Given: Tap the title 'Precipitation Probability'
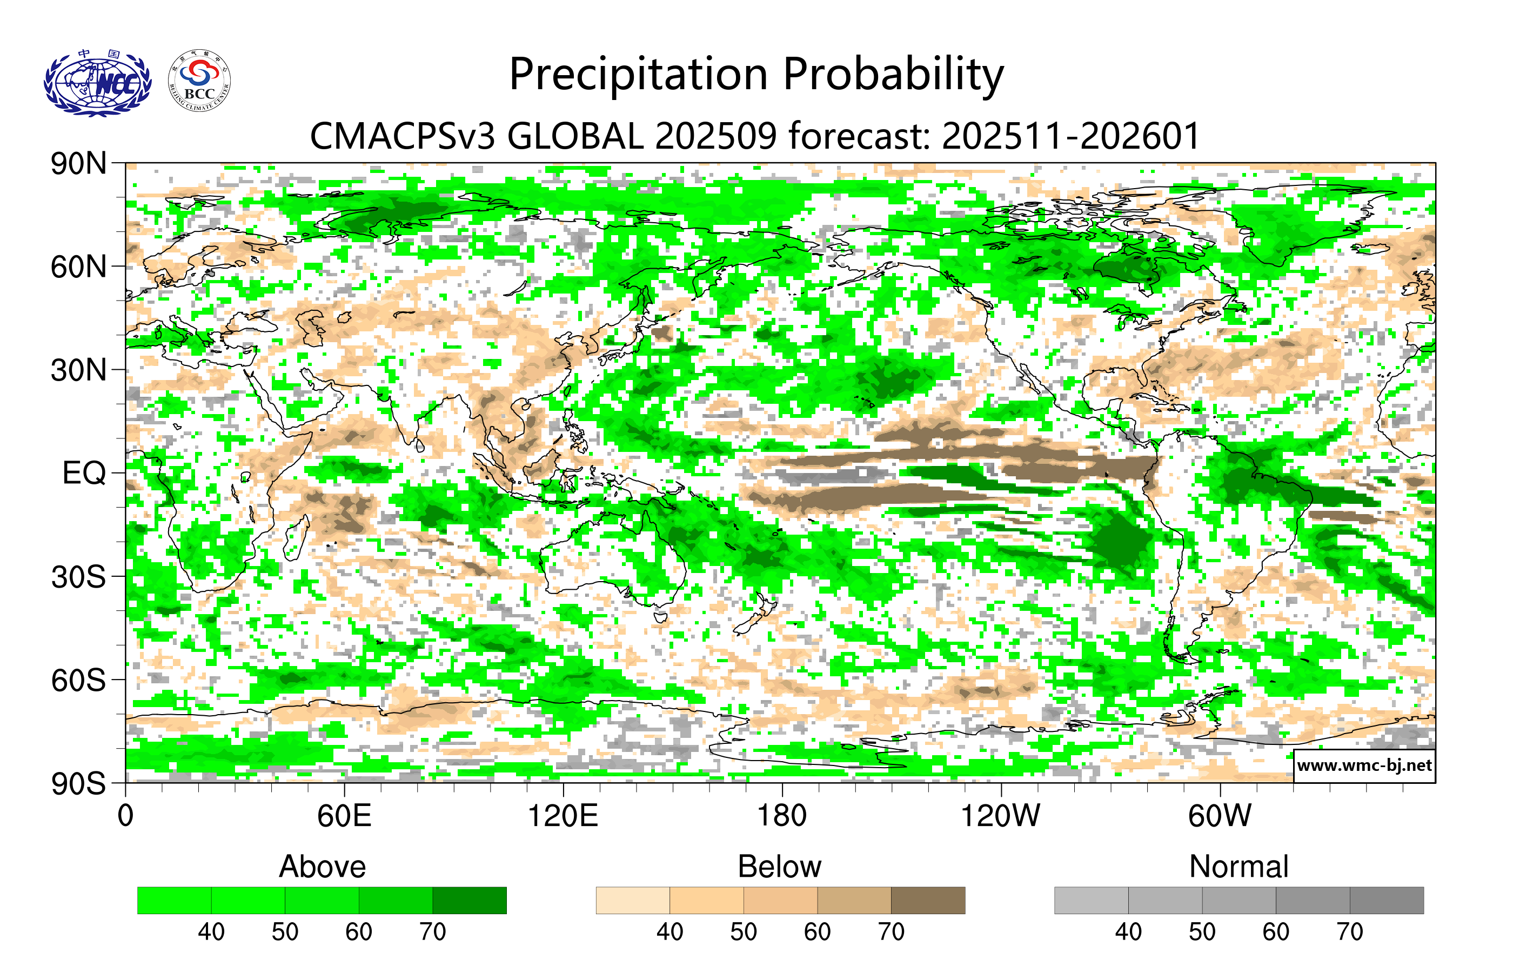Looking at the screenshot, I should [756, 75].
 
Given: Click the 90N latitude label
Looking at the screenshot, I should [78, 164].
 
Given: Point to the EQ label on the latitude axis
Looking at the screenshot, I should [84, 473].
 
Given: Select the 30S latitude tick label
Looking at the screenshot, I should [78, 577].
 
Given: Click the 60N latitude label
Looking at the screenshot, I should [78, 267].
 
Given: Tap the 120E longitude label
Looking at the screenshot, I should [563, 816].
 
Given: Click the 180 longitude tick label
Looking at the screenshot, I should [782, 816].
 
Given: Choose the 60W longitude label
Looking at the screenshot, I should [1219, 816].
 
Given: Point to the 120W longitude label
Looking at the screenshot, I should [1000, 816].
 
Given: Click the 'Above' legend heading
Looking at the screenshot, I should [323, 867].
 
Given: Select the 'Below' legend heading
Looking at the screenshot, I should [779, 867].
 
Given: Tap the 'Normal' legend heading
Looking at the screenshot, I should [1238, 867].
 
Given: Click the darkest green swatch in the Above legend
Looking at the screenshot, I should [470, 900].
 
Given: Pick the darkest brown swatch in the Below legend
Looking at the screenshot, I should [927, 900].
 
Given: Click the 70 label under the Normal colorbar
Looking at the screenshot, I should [1349, 931].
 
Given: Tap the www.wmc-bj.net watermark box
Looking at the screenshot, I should [1364, 765].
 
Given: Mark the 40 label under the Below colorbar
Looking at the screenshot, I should [670, 931].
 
